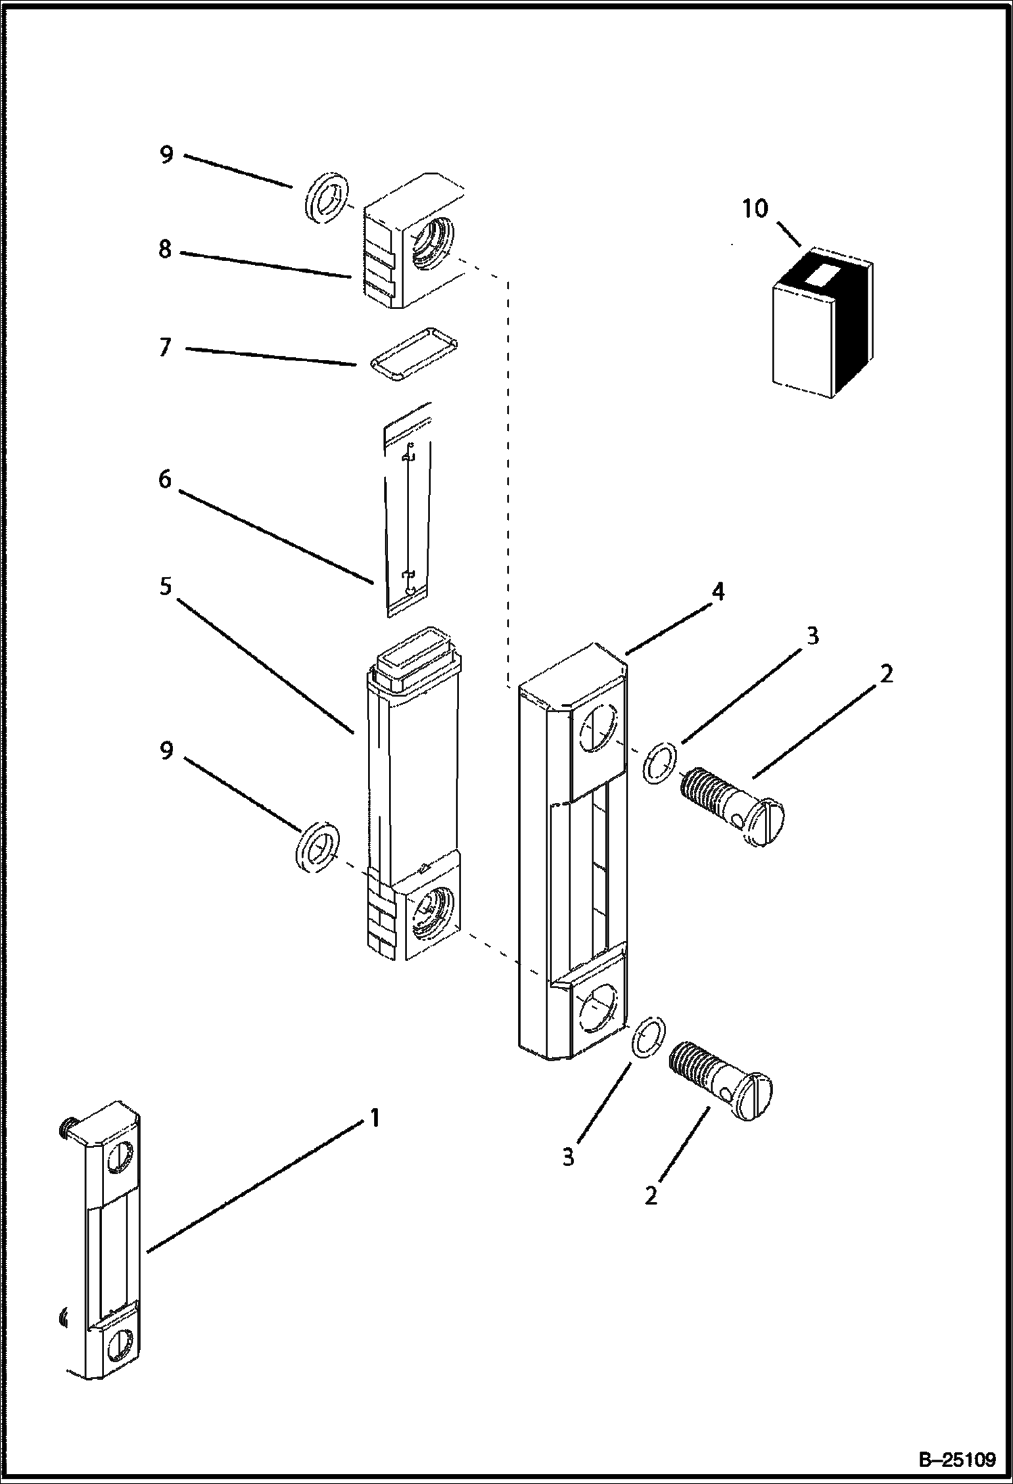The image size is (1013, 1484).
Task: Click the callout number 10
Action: (755, 208)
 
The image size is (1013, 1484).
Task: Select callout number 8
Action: (166, 250)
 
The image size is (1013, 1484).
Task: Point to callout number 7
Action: (166, 348)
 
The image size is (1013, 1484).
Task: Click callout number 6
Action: (166, 480)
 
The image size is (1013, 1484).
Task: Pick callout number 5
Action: (166, 586)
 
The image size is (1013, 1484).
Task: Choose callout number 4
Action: (717, 591)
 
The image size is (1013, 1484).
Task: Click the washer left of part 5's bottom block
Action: (318, 847)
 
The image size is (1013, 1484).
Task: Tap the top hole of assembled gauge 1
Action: (121, 1157)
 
